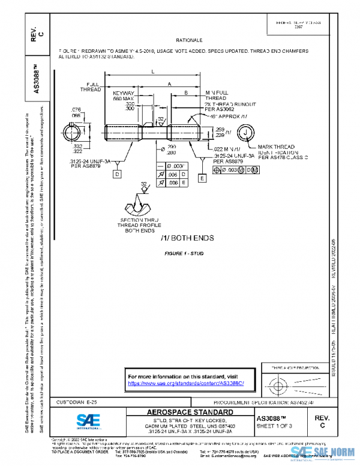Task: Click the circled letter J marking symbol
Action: [x=246, y=133]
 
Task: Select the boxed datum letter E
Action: [x=202, y=179]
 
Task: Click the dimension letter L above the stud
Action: [x=152, y=72]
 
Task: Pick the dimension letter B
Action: [x=187, y=92]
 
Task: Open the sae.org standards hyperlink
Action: [x=187, y=383]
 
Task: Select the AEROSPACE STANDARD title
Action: [x=191, y=413]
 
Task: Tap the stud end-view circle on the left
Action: [x=75, y=132]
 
